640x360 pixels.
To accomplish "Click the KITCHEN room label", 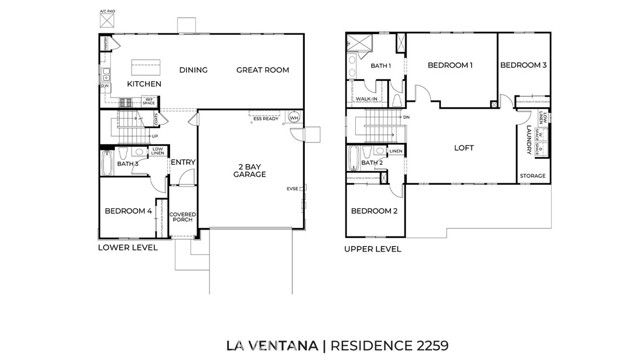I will (x=143, y=84).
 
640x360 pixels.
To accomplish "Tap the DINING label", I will (x=193, y=70).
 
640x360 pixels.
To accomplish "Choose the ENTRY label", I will (x=182, y=162).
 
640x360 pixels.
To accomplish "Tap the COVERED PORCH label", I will (x=182, y=218).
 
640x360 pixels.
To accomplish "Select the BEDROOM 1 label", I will (x=450, y=65).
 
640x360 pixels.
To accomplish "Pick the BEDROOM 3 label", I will (x=523, y=65).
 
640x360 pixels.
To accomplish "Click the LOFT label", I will (x=462, y=147).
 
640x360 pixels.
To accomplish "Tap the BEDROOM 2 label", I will (x=373, y=211).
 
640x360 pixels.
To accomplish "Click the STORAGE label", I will (x=532, y=176).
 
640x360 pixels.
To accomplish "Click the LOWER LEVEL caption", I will (x=127, y=246).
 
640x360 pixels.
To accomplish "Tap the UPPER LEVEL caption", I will (x=372, y=248).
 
